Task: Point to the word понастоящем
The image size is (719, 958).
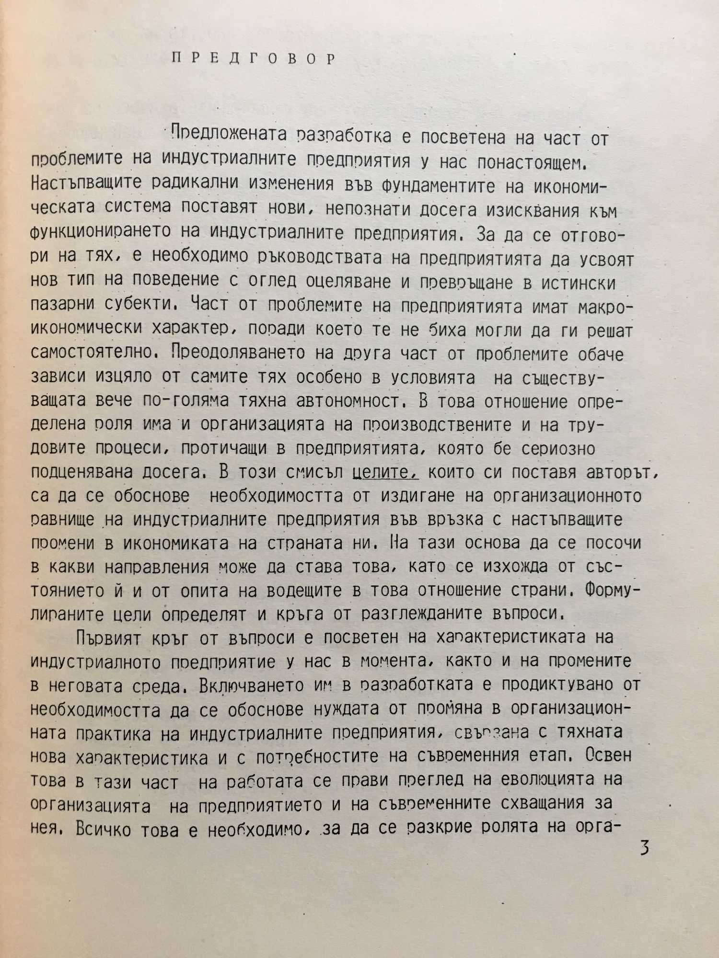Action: [533, 162]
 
